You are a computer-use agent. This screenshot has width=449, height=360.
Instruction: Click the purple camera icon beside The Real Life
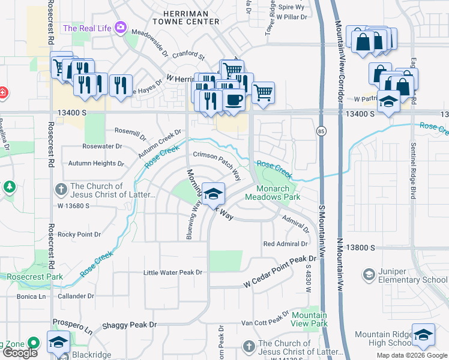[x=121, y=28]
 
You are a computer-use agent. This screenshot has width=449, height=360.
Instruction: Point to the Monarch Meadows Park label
[x=274, y=192]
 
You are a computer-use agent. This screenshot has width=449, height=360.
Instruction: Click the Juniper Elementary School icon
[x=369, y=275]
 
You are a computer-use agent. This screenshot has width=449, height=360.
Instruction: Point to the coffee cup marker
[x=234, y=100]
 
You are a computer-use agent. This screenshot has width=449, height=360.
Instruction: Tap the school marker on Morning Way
[x=212, y=194]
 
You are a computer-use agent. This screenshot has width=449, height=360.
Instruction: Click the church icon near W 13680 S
[x=60, y=190]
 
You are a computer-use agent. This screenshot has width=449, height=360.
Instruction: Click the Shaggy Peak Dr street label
[x=128, y=325]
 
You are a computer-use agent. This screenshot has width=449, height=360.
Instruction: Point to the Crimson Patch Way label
[x=217, y=166]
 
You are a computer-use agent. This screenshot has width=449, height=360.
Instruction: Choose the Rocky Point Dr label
[x=79, y=234]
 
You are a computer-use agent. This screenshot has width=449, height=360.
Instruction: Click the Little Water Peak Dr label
[x=173, y=272]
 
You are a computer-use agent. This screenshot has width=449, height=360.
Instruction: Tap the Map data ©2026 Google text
[x=411, y=355]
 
